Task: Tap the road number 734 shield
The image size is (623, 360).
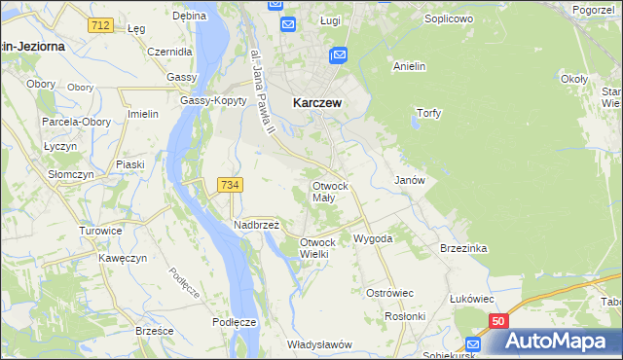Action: point(231,185)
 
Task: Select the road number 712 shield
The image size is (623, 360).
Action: point(97,24)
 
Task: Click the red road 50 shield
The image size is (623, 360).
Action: point(498,321)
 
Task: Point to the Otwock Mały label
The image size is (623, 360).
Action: point(329,191)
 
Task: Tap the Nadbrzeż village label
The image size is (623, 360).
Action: point(256,224)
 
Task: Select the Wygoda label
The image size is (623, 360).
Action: point(373,238)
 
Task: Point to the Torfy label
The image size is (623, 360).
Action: point(428,113)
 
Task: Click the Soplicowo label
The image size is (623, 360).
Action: point(449,18)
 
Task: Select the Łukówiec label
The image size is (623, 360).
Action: point(471,299)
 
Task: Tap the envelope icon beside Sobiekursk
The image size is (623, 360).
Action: point(473,344)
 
